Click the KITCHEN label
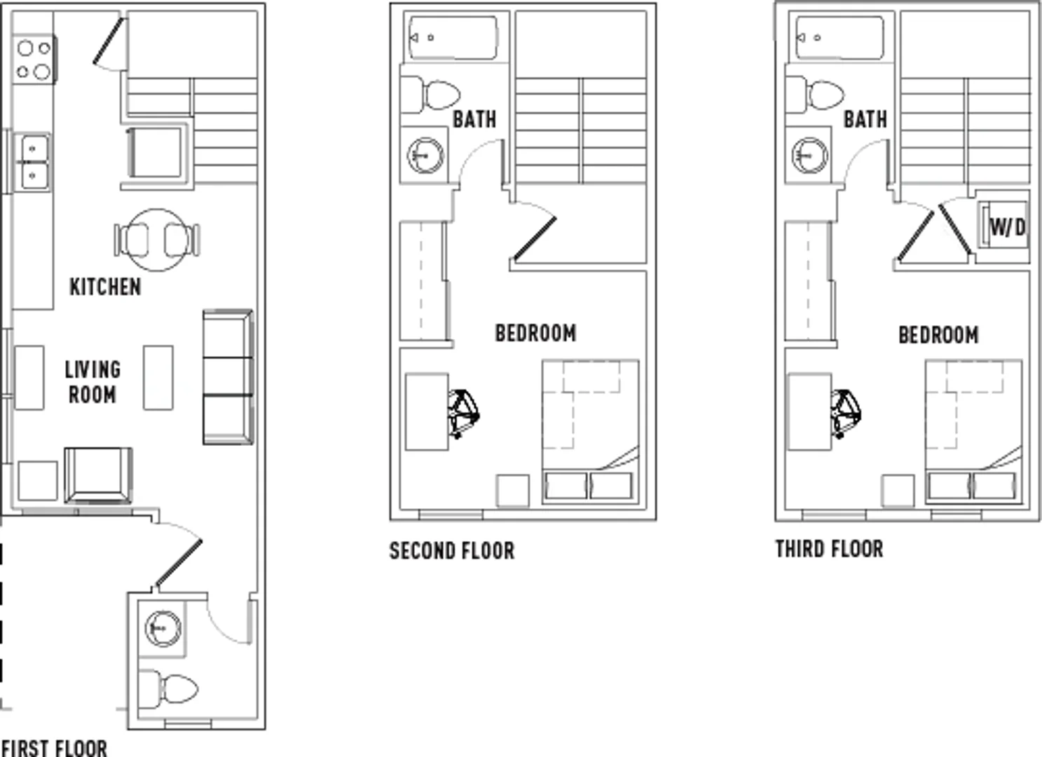click(105, 287)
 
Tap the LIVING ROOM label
click(92, 382)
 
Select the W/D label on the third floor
click(1008, 228)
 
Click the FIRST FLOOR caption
click(55, 748)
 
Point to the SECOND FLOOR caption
click(452, 551)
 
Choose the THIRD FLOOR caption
click(829, 549)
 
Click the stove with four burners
click(34, 60)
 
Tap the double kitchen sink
click(32, 162)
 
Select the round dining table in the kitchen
click(157, 240)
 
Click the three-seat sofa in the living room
click(228, 377)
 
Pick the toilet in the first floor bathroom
click(168, 688)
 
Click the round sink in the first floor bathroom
click(163, 628)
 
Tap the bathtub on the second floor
click(453, 38)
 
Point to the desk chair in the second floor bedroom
click(463, 414)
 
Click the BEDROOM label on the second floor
click(535, 333)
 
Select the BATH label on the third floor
click(865, 120)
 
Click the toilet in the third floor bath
click(815, 95)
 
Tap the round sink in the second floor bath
click(425, 156)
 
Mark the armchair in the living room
click(99, 475)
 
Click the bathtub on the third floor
click(839, 38)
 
